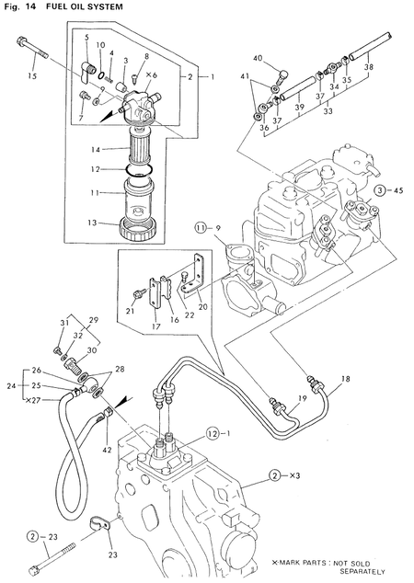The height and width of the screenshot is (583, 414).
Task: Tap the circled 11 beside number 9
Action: click(201, 226)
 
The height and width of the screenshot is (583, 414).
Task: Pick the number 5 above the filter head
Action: click(86, 38)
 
